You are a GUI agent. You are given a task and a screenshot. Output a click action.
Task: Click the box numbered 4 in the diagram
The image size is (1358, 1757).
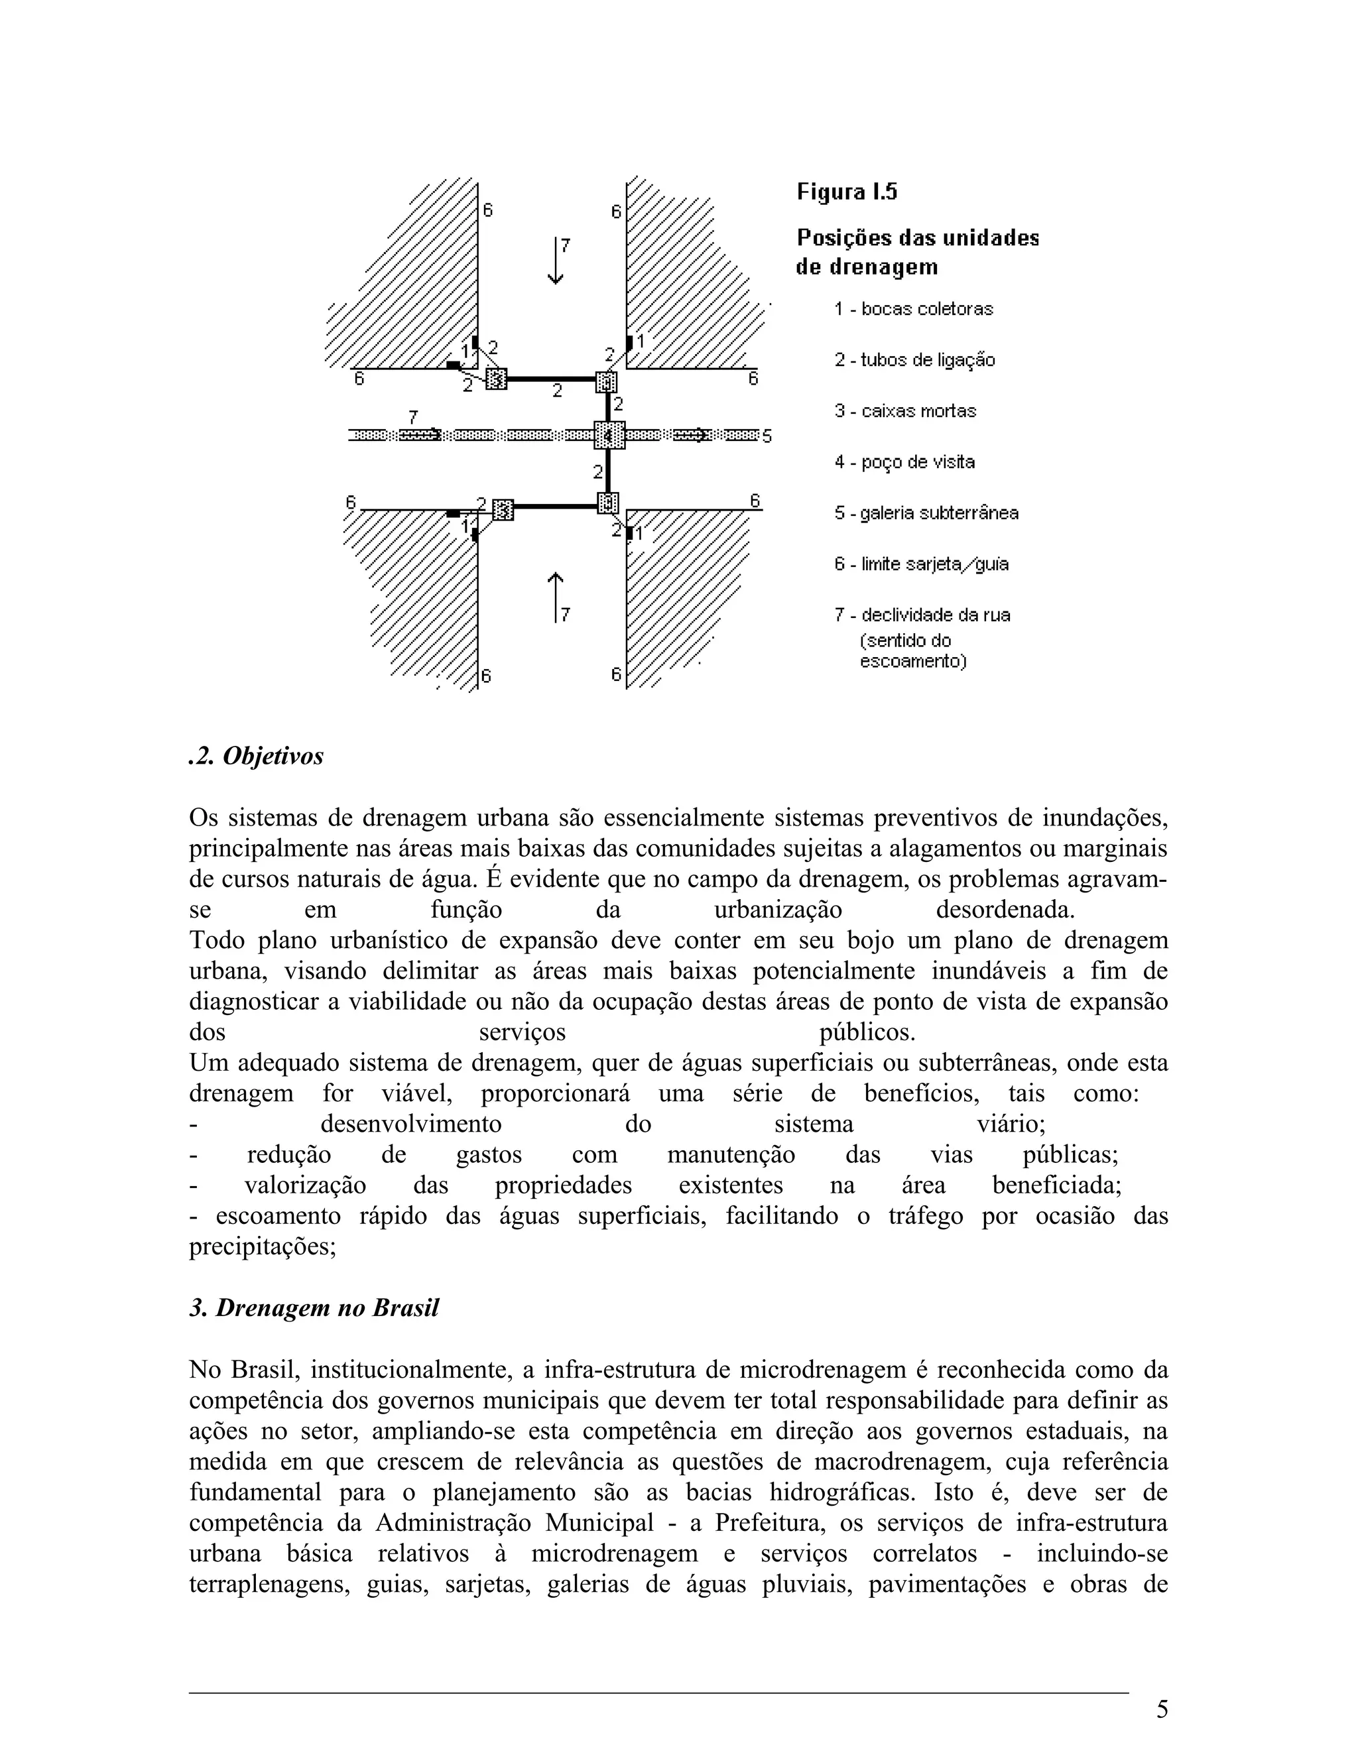pos(609,435)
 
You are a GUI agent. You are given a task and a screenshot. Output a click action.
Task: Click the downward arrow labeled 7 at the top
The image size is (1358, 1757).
pos(555,260)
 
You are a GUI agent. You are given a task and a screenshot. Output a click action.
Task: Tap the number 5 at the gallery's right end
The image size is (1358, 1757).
pos(767,437)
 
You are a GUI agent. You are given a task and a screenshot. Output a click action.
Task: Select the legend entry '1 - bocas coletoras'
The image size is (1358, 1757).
pos(913,309)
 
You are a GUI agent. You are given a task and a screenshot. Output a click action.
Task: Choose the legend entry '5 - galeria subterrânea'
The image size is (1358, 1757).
pos(926,513)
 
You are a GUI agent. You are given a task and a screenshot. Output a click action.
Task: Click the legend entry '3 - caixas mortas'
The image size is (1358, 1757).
pos(905,411)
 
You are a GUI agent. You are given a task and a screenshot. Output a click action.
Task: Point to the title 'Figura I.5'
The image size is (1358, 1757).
pos(846,192)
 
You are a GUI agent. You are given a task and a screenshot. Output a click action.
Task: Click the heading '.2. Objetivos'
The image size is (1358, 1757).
pos(256,757)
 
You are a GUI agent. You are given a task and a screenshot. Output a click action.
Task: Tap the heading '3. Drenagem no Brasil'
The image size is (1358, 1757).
pos(314,1308)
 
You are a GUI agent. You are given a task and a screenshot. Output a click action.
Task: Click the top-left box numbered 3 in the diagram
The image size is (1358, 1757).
pos(497,378)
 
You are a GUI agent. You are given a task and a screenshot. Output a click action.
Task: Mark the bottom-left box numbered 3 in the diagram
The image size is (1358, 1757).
pos(502,509)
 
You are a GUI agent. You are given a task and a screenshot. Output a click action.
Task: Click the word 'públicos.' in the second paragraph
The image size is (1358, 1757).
pos(867,1032)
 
